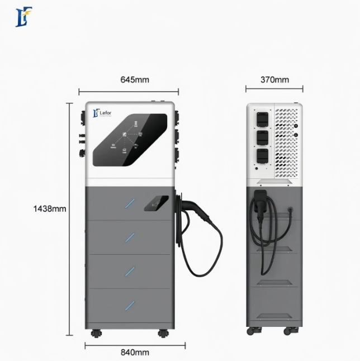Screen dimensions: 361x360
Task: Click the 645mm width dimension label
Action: pos(135,80)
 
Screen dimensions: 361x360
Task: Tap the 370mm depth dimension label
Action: pos(275,80)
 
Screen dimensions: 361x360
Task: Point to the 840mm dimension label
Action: pos(135,352)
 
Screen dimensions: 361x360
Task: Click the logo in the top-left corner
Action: pos(23,16)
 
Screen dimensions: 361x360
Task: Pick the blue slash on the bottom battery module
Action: pos(130,305)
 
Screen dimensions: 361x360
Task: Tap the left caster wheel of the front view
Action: pos(96,334)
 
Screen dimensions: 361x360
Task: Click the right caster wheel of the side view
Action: pos(288,331)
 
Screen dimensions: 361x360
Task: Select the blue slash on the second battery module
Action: pos(130,237)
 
